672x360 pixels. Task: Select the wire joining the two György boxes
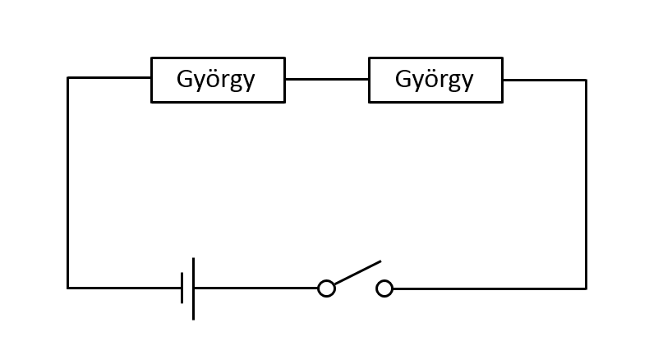[327, 79]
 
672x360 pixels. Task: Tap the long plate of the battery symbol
[194, 288]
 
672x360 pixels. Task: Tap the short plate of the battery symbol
[182, 288]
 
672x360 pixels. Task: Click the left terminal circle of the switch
[327, 288]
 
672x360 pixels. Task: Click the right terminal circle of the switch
[384, 288]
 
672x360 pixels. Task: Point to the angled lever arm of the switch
[357, 272]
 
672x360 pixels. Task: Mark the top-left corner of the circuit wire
[67, 77]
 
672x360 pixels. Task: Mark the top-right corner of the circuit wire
[587, 81]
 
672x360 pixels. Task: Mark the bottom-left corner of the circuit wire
[67, 288]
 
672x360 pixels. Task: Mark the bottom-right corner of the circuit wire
[587, 288]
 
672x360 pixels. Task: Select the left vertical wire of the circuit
[67, 183]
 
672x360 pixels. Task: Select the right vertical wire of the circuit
[587, 184]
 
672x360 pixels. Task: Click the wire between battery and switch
[256, 288]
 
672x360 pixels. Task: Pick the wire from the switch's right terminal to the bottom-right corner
[490, 288]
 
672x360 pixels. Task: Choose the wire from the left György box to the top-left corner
[109, 77]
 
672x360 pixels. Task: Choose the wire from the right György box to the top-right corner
[545, 81]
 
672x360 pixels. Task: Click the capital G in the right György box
[403, 79]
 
